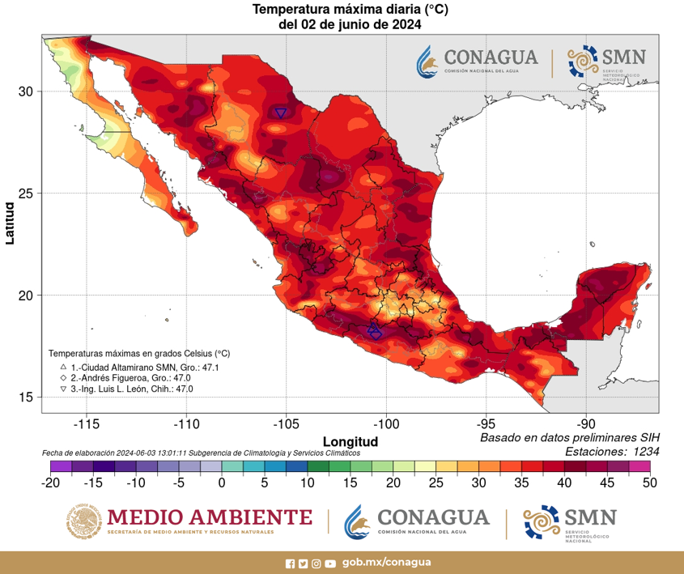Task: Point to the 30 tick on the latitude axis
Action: [25, 91]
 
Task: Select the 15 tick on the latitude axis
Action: [25, 397]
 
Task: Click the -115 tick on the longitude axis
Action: [87, 424]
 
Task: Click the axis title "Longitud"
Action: [350, 441]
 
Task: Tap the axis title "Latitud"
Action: [10, 223]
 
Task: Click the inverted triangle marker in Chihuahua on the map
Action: [281, 113]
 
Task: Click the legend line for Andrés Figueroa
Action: [125, 378]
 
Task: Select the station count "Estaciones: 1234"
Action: [611, 451]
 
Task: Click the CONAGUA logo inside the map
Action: [478, 62]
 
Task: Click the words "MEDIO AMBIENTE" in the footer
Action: [209, 517]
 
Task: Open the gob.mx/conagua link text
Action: [386, 563]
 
